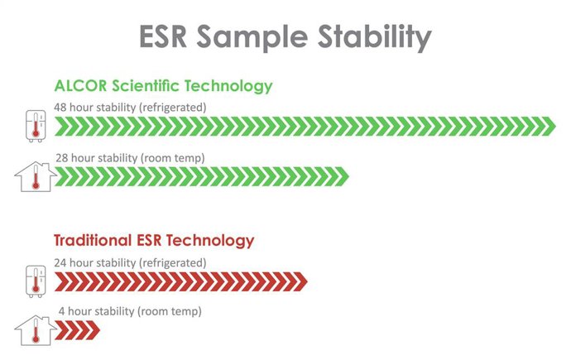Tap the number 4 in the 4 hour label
(61, 312)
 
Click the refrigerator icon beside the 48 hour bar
(34, 125)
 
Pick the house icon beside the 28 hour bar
(35, 177)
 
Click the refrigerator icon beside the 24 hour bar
(34, 281)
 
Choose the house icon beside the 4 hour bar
(35, 332)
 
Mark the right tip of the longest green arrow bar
(553, 126)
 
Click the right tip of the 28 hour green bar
(348, 177)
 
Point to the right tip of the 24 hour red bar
(305, 282)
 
